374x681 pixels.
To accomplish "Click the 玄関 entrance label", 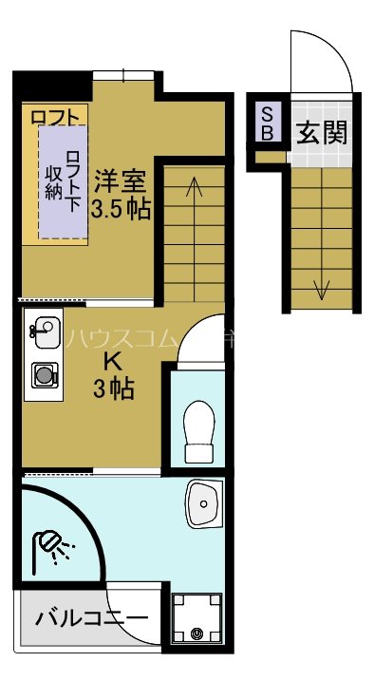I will pos(321,132).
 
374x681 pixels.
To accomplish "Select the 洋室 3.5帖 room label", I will pos(121,193).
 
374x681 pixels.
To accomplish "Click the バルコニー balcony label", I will pos(92,619).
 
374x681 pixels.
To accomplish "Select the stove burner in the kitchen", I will pos(44,376).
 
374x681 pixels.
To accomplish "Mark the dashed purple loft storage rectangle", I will pos(63,180).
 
